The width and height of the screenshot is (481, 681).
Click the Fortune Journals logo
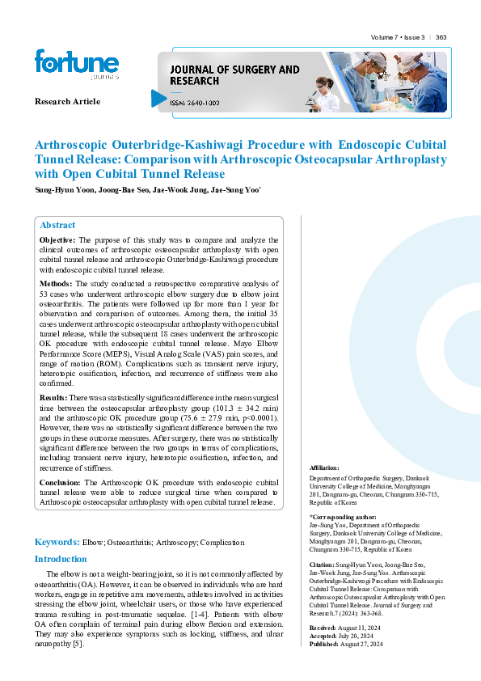click(77, 65)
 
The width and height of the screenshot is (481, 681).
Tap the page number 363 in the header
click(441, 38)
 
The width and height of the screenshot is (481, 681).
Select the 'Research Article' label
click(67, 101)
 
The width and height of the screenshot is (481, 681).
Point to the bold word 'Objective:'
click(57, 240)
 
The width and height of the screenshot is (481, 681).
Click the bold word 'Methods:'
click(56, 284)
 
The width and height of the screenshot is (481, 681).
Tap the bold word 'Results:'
click(53, 398)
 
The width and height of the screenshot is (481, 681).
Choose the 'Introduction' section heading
click(61, 559)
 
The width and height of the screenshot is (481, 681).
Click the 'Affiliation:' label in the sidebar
click(324, 468)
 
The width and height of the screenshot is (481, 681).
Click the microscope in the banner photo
click(313, 99)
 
